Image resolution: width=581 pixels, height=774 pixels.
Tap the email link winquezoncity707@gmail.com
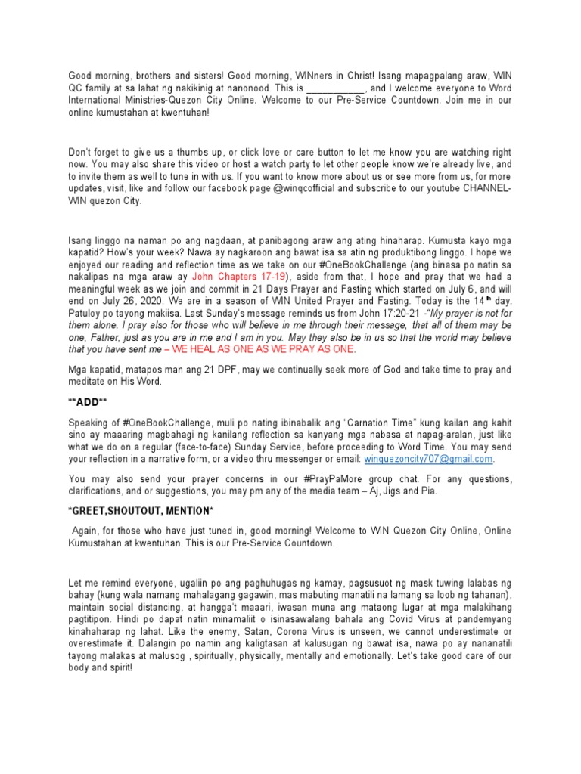(x=429, y=458)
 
